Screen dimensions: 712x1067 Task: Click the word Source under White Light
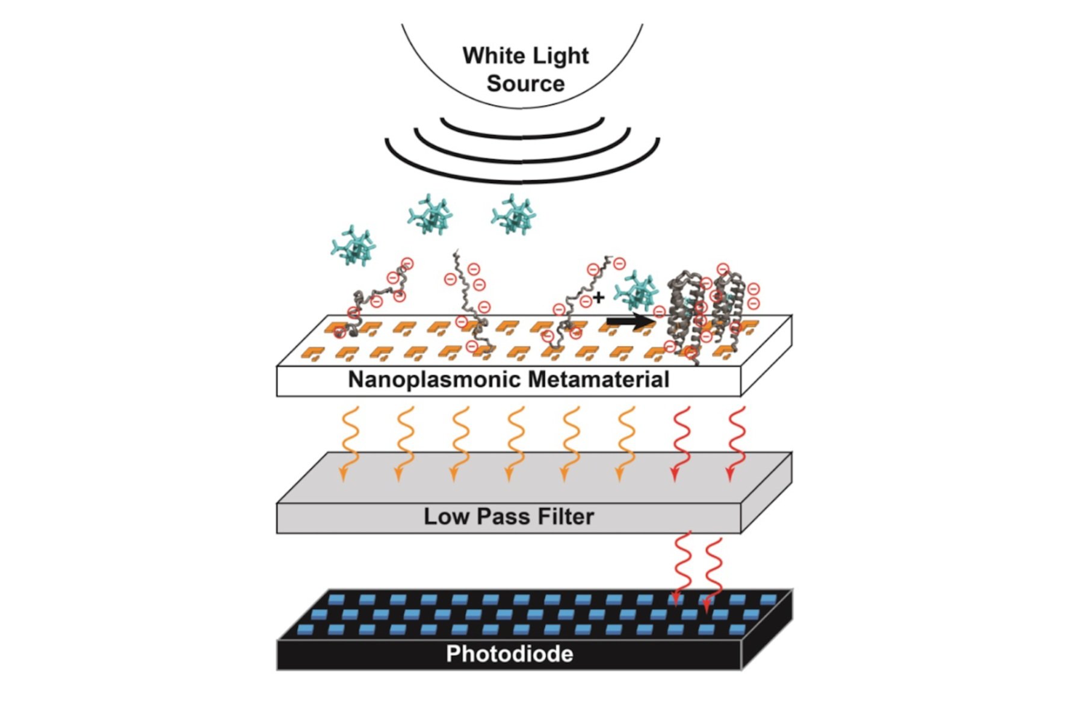525,84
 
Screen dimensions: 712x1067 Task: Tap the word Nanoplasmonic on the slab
435,380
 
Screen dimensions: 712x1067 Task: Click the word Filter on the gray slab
567,516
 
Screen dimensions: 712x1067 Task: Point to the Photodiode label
509,654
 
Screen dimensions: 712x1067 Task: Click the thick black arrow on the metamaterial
629,322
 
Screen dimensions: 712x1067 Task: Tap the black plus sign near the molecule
598,297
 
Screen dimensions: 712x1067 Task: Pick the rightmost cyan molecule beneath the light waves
513,214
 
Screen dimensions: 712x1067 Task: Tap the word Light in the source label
560,56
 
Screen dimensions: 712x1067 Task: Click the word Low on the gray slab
445,516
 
